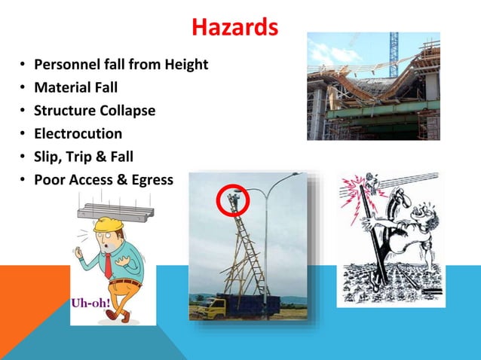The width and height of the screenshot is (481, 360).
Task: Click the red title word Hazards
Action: [x=234, y=28]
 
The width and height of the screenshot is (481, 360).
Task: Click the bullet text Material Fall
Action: [x=75, y=87]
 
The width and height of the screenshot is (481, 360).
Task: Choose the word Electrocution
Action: [x=78, y=133]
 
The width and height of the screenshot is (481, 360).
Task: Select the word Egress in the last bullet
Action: [x=149, y=180]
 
